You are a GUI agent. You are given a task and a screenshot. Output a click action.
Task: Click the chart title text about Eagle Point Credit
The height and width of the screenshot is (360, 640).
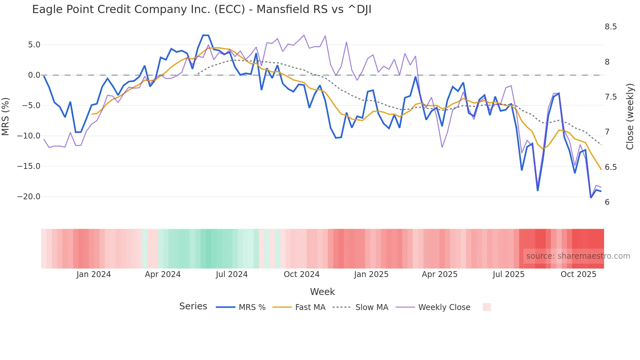(x=201, y=9)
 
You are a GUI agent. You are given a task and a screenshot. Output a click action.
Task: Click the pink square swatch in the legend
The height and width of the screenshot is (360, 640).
(x=487, y=307)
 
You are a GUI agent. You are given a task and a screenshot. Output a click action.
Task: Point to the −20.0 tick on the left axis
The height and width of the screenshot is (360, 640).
(x=29, y=197)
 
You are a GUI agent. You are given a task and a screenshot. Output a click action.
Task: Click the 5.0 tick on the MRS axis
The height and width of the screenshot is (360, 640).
(x=34, y=45)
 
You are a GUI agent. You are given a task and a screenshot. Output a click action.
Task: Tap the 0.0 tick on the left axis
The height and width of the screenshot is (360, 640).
(x=34, y=75)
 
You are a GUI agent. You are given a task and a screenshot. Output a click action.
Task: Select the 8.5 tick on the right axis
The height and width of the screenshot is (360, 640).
(x=611, y=27)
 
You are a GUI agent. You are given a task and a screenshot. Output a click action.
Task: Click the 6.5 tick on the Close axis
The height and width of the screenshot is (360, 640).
(x=611, y=167)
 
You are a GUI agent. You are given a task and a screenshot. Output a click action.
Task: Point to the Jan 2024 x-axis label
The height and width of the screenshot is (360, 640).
(x=94, y=274)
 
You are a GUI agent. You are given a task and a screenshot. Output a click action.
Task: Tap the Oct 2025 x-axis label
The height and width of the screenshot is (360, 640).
(x=578, y=274)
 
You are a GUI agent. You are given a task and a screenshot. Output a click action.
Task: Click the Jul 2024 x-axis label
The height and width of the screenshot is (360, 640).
(x=232, y=274)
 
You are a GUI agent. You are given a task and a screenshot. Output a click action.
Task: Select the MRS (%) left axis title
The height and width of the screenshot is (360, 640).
(x=6, y=116)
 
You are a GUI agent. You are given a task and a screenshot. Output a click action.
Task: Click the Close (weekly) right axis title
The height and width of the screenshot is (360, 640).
(x=630, y=116)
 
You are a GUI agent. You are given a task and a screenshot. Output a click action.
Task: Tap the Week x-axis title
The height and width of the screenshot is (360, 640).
(x=322, y=292)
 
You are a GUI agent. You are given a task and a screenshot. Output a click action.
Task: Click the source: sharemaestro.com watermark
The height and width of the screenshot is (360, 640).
(x=578, y=256)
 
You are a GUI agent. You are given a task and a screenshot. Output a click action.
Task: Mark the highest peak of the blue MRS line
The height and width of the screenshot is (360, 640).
(x=203, y=35)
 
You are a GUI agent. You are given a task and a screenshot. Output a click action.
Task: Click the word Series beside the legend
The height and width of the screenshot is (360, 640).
(x=193, y=306)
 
